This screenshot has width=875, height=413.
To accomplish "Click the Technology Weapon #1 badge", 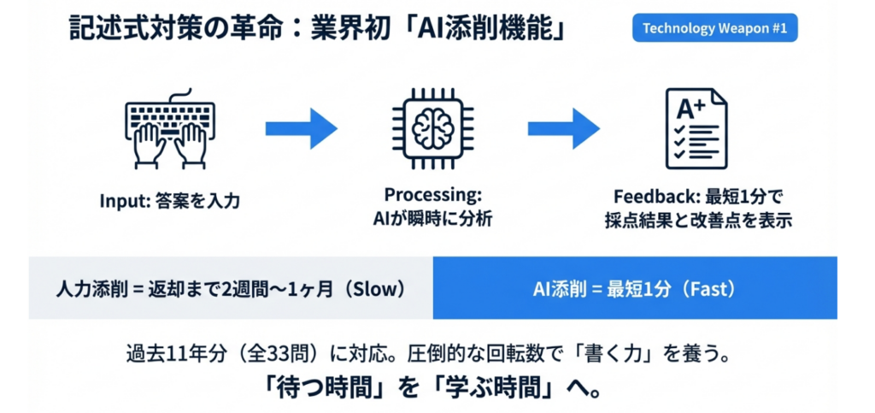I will click(714, 29).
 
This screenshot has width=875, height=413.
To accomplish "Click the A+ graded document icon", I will click(696, 127).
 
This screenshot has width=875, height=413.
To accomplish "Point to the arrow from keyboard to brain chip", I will click(300, 128).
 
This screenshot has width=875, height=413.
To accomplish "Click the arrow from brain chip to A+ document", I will click(563, 128).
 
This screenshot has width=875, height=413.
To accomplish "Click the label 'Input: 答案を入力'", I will click(170, 202).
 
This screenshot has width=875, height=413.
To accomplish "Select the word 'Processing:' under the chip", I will click(433, 195).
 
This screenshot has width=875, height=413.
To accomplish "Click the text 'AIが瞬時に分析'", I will click(433, 219).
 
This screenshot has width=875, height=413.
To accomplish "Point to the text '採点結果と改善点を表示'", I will click(697, 219).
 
